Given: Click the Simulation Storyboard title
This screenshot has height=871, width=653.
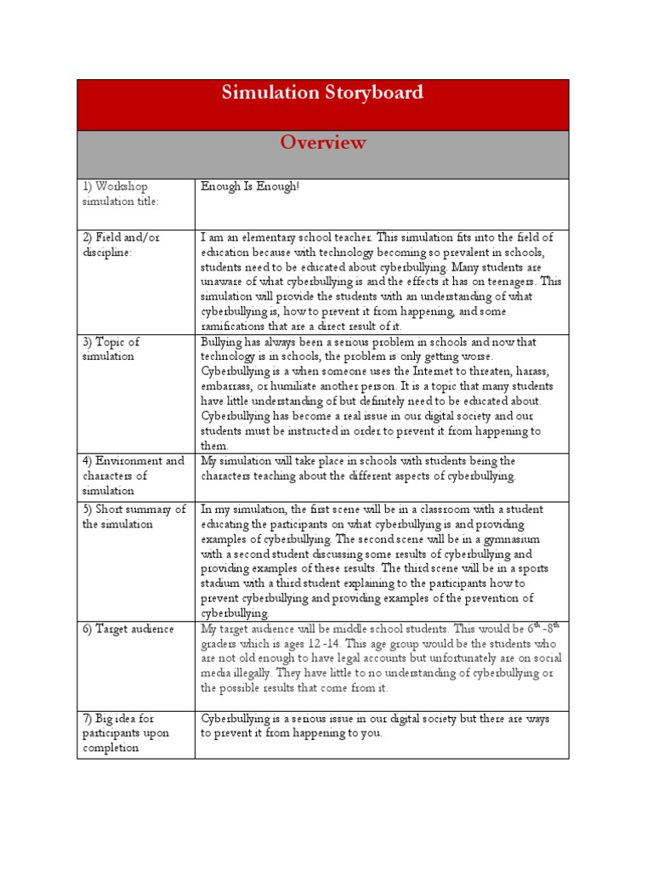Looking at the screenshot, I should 322,93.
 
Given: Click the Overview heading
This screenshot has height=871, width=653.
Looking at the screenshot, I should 323,142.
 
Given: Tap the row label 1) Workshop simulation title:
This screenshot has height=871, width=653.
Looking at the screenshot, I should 120,193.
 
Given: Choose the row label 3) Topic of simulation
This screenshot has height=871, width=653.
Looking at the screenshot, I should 111,349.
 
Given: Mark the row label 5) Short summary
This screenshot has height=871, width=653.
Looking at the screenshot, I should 133,516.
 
